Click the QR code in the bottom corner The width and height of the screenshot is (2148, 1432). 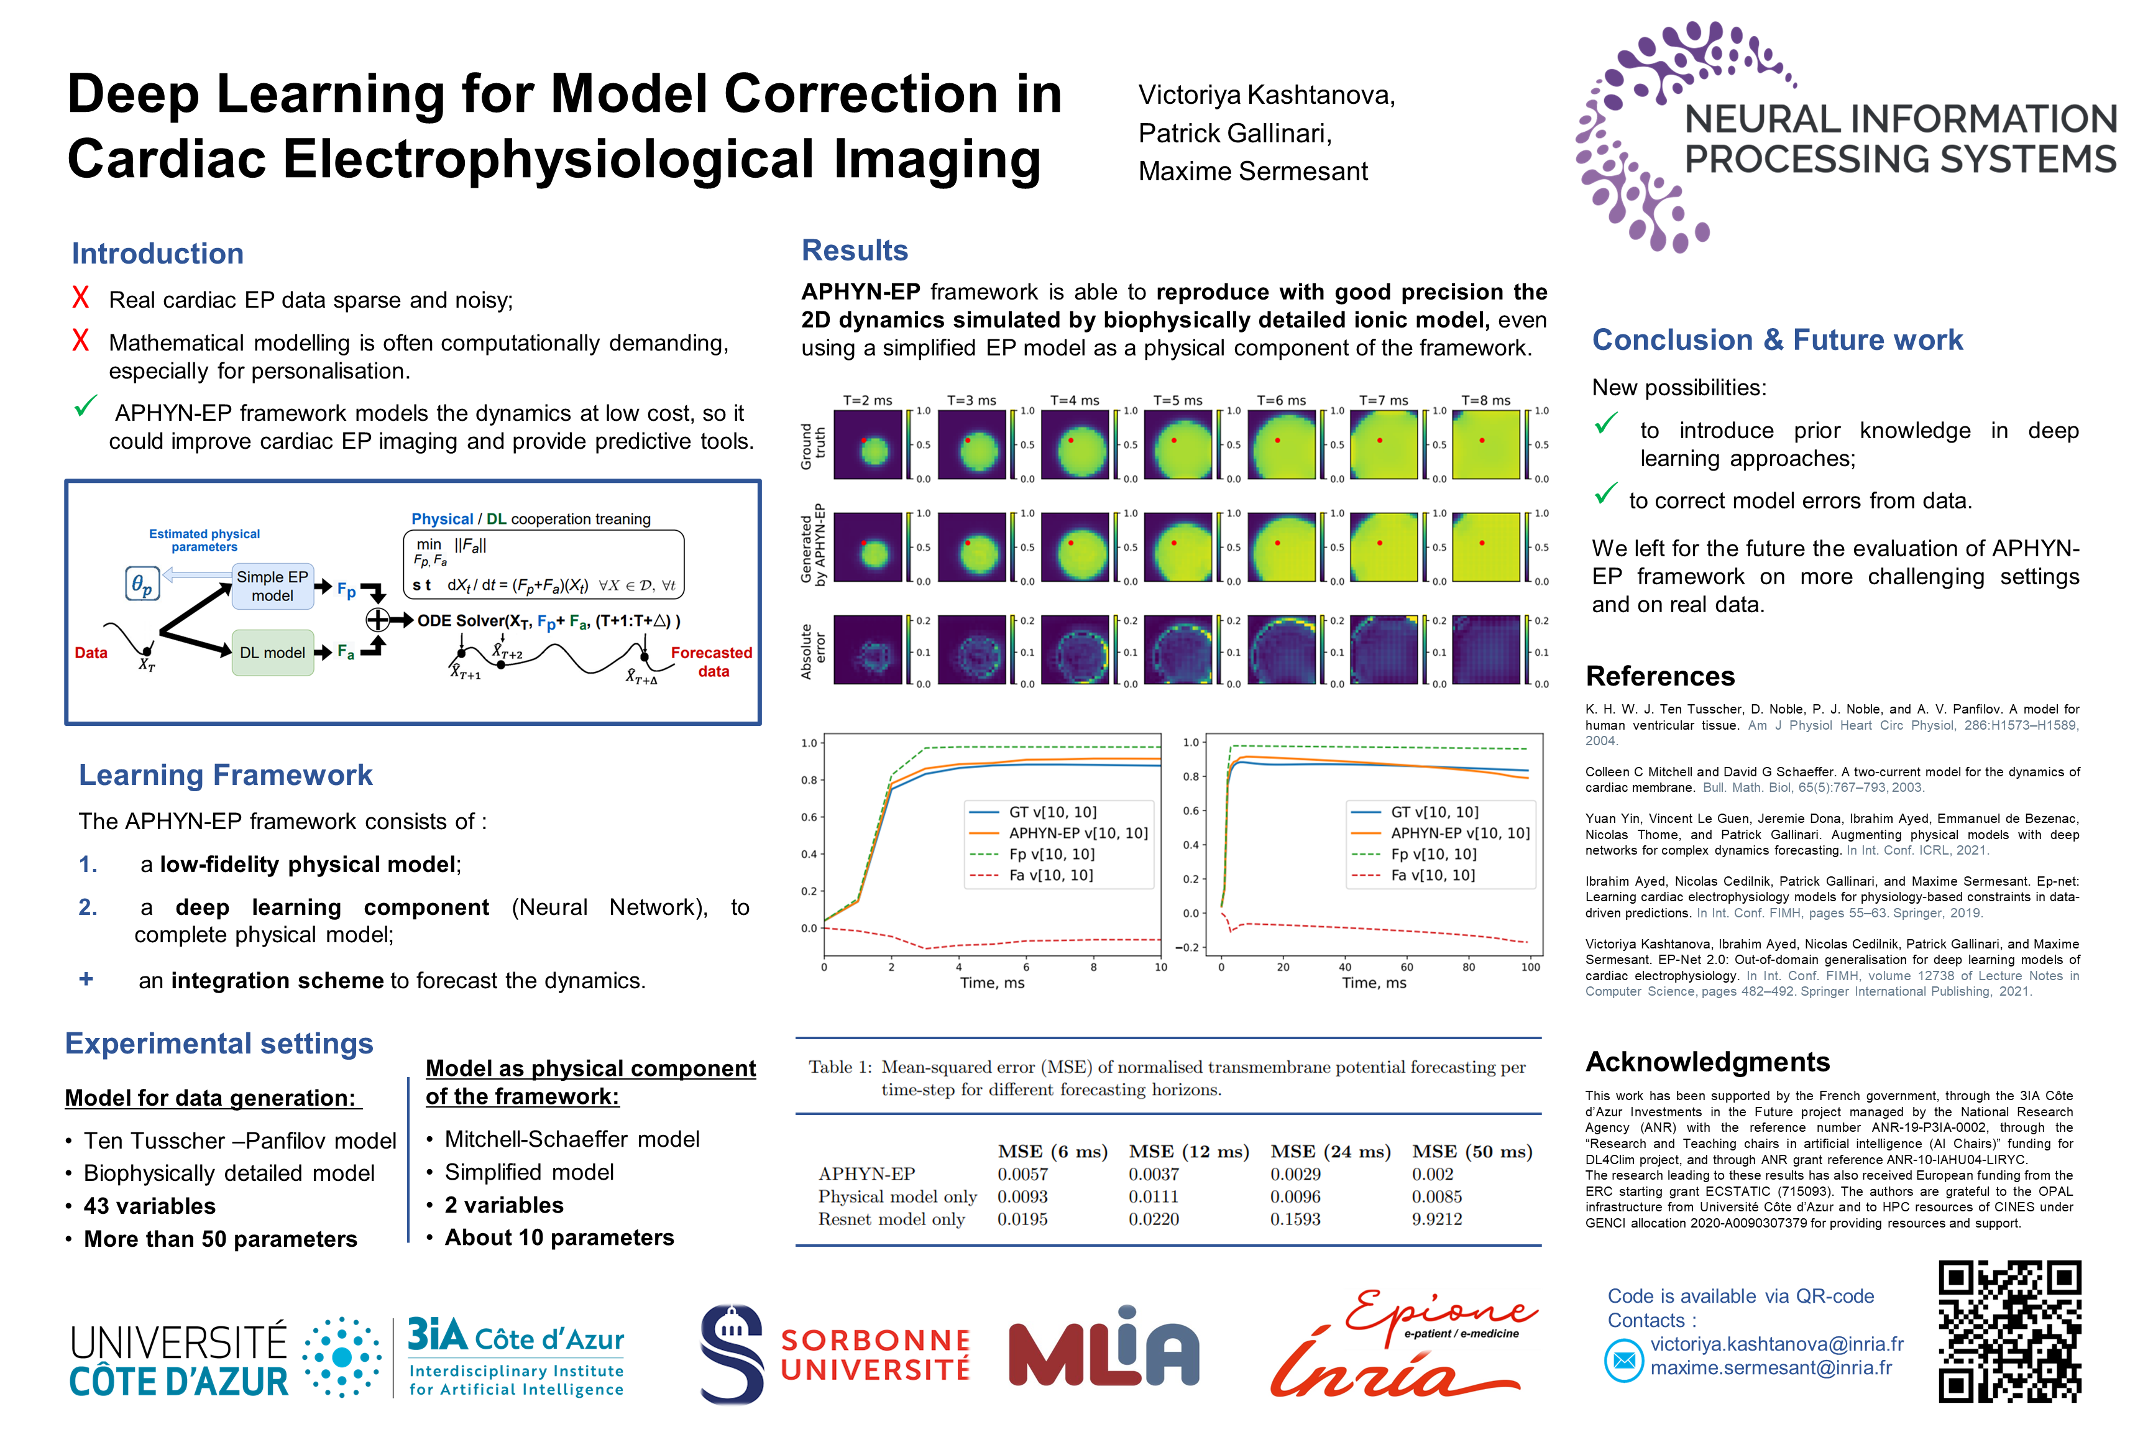pos(2009,1331)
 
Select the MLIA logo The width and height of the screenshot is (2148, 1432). pos(1103,1347)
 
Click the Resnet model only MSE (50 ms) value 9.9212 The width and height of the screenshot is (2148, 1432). pos(1436,1219)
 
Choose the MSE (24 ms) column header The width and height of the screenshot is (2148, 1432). pos(1329,1152)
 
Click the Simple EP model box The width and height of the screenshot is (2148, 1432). pos(272,586)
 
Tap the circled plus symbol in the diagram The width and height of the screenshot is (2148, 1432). pos(377,621)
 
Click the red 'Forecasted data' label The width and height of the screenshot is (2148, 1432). pos(712,662)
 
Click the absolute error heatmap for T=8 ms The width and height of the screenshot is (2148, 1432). pos(1486,650)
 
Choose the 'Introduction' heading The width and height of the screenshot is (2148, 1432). pos(158,254)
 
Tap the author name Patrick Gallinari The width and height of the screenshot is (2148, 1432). pos(1235,134)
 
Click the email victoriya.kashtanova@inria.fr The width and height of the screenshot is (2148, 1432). pos(1776,1344)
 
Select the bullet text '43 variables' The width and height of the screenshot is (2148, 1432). pos(150,1206)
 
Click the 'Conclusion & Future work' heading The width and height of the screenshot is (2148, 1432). pos(1776,341)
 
